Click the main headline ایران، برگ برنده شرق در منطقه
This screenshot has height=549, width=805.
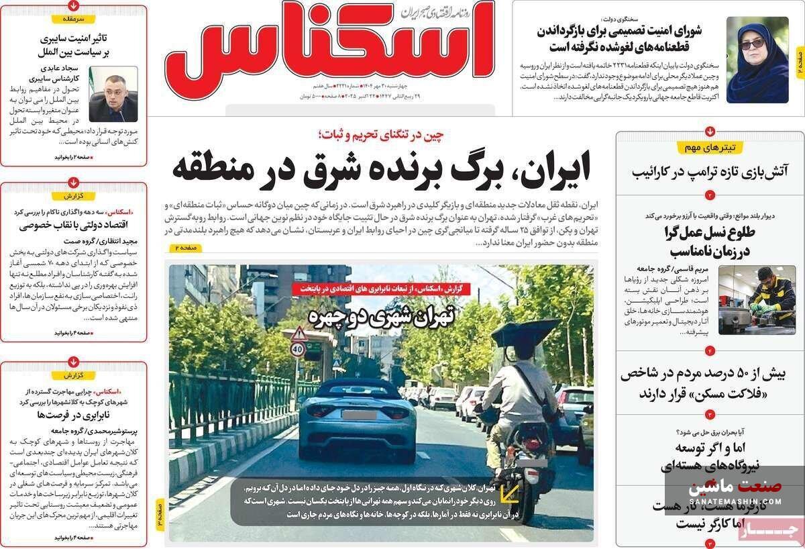tap(381, 168)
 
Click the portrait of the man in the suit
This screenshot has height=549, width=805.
tap(113, 94)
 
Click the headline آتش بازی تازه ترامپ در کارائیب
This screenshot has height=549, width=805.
tap(710, 170)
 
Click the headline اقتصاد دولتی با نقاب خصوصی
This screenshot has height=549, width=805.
tap(74, 226)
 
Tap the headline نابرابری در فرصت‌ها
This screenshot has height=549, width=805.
tap(74, 415)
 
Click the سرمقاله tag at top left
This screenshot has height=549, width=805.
tap(74, 19)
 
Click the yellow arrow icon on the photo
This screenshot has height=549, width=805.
tap(511, 495)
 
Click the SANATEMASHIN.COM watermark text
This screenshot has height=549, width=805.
tap(735, 500)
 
